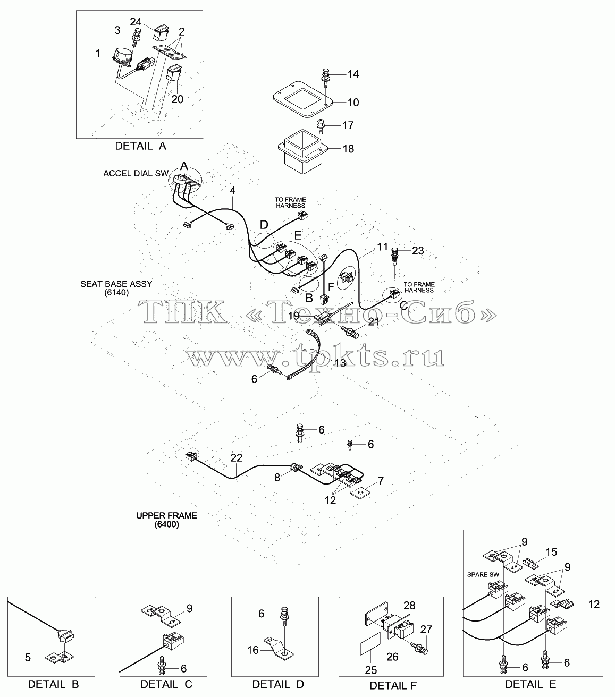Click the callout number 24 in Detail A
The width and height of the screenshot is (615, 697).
[136, 22]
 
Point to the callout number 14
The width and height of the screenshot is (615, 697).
[353, 74]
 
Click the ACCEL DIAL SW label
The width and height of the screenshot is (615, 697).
[136, 173]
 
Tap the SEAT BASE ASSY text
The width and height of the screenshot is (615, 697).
[116, 284]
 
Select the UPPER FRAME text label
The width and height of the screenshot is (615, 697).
[167, 516]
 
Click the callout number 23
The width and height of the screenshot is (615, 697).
[418, 250]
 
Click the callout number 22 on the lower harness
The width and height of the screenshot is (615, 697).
[237, 457]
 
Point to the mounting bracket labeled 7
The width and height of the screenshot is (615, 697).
[341, 480]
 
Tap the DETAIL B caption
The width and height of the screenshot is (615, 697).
[53, 684]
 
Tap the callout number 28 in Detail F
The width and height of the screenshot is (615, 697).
[409, 605]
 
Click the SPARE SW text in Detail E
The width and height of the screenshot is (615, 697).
[483, 574]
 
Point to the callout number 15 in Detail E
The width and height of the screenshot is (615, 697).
[551, 552]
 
